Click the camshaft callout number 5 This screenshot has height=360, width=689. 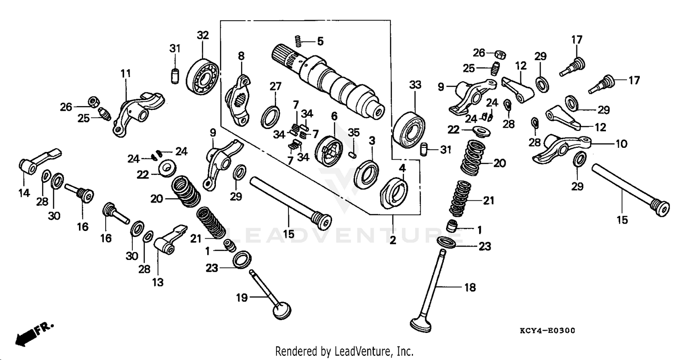[x=320, y=41]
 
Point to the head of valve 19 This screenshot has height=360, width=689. [x=282, y=310]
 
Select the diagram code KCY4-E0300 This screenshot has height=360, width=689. [x=548, y=331]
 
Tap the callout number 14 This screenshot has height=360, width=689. [x=24, y=193]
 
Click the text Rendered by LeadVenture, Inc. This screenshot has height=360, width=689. [x=344, y=351]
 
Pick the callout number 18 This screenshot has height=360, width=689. [x=470, y=288]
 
